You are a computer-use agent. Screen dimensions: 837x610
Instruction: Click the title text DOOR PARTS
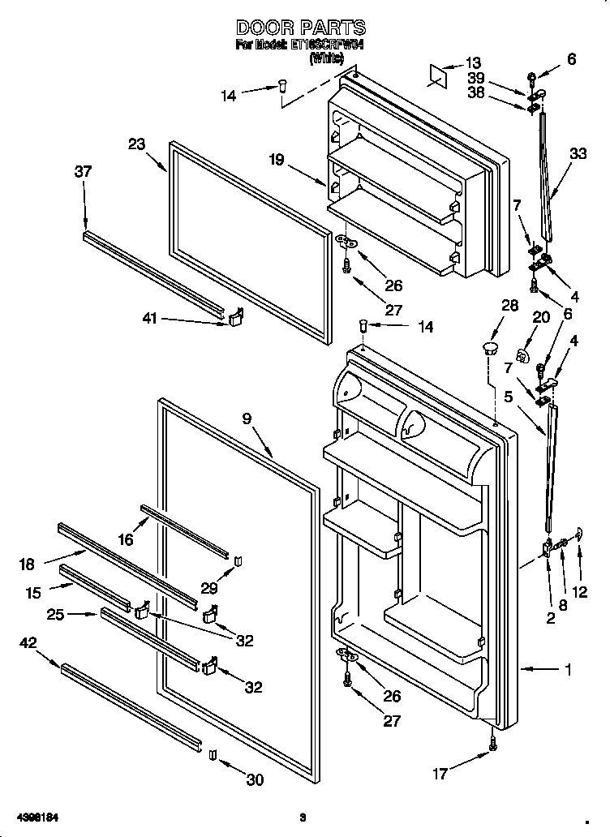pyautogui.click(x=300, y=28)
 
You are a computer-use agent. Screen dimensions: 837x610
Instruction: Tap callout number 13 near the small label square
pyautogui.click(x=473, y=62)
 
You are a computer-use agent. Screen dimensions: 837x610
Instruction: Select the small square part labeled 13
pyautogui.click(x=439, y=73)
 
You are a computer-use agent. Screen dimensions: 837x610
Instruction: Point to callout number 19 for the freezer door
pyautogui.click(x=276, y=160)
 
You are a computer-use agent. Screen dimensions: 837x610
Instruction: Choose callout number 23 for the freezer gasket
pyautogui.click(x=135, y=144)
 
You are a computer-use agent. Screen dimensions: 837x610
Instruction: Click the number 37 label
pyautogui.click(x=83, y=171)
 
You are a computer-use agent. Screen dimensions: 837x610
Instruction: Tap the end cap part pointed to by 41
pyautogui.click(x=236, y=318)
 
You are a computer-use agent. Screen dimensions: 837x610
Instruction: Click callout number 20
pyautogui.click(x=542, y=317)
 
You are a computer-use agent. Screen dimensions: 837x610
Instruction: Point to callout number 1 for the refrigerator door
pyautogui.click(x=568, y=669)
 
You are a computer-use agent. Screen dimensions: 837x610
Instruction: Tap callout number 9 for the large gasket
pyautogui.click(x=247, y=418)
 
